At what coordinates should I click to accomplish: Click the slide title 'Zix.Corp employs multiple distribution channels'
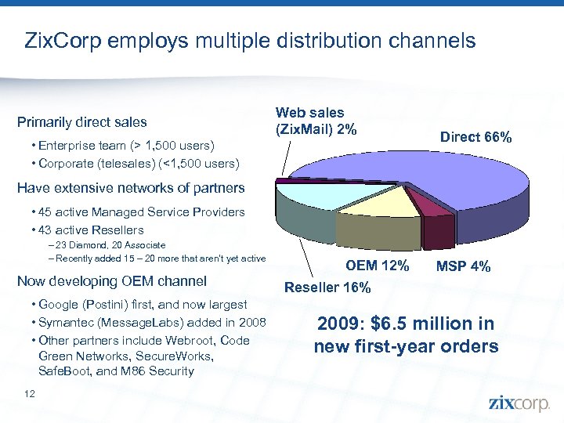tap(250, 40)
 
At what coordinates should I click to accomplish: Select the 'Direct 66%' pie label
tap(475, 137)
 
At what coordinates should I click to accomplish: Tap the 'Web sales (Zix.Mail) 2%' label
tap(309, 121)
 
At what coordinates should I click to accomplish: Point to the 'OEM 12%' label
tap(377, 266)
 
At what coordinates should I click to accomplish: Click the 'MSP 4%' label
tap(463, 266)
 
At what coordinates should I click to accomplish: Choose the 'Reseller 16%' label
tap(327, 287)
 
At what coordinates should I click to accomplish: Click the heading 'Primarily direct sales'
tap(81, 122)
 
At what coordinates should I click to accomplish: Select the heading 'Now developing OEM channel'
tap(111, 281)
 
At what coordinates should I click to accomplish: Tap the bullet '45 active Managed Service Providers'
tap(138, 212)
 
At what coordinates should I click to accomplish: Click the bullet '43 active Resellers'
tap(88, 230)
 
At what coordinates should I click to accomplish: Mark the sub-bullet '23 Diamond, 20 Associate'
tap(99, 245)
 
